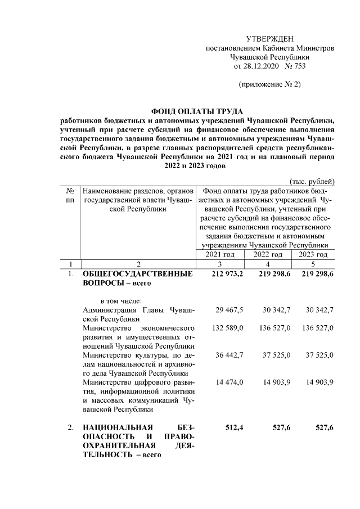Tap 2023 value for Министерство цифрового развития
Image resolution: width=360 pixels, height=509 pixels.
click(320, 382)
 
